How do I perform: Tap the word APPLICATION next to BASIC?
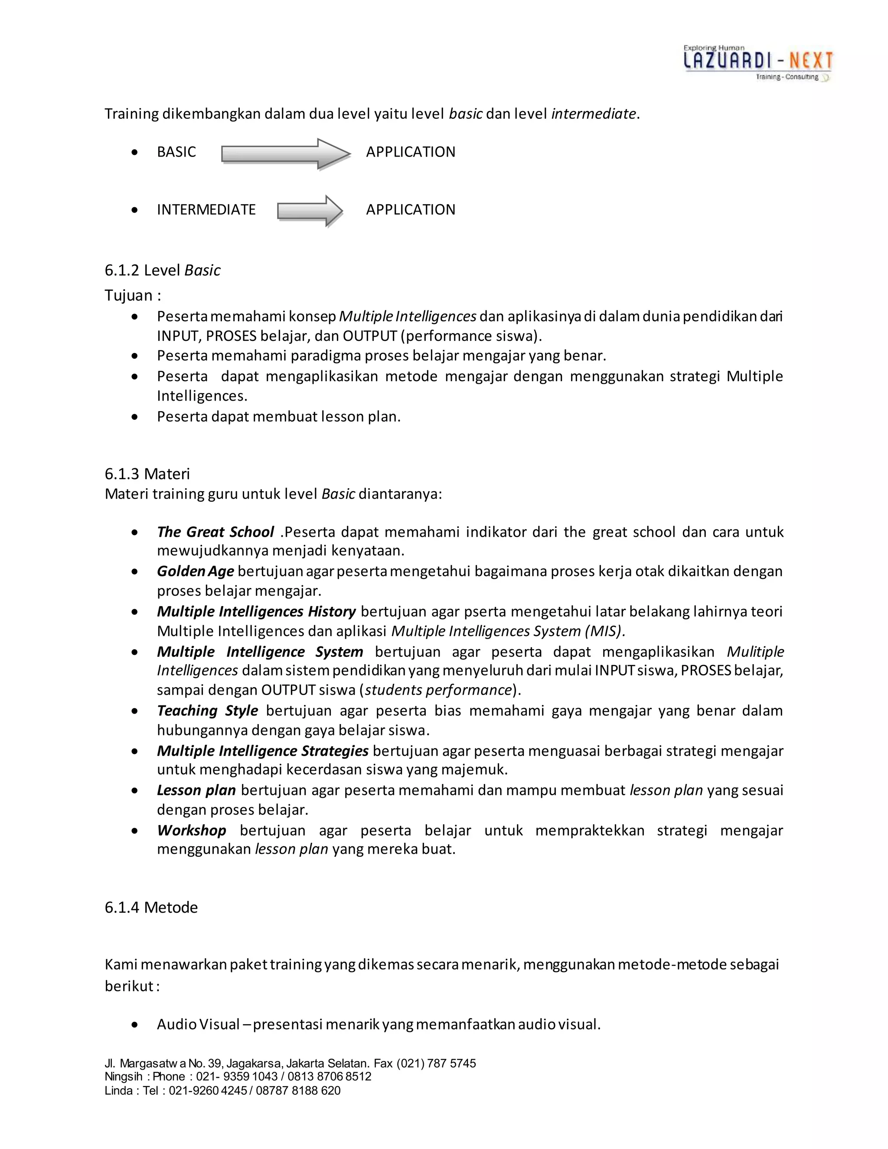(x=410, y=152)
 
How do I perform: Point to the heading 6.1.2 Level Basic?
(x=163, y=271)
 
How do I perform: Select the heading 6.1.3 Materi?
(x=147, y=474)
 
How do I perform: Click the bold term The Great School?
(x=215, y=532)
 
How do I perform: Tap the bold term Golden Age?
(x=195, y=571)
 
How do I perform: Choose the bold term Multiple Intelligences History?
(x=256, y=611)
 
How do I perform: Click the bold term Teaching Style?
(x=207, y=711)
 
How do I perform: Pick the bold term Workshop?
(x=192, y=831)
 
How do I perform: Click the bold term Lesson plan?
(x=196, y=790)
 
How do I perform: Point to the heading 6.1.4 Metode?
(x=151, y=907)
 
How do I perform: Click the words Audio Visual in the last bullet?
(x=198, y=1024)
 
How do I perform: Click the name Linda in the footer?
(x=118, y=1090)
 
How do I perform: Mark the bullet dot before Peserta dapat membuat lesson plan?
(x=135, y=417)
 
